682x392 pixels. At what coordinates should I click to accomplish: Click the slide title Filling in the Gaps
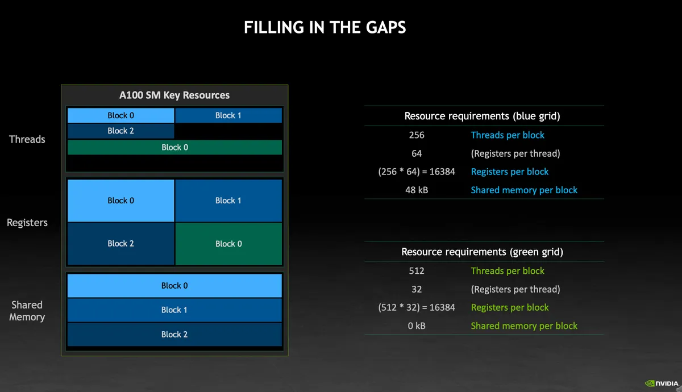click(x=325, y=27)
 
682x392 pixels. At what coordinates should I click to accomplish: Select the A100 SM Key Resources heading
click(x=174, y=95)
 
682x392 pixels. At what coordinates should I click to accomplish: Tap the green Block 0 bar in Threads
click(x=174, y=147)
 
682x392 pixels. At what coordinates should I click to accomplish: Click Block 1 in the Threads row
click(x=228, y=115)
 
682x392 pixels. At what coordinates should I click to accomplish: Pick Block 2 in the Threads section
click(x=120, y=131)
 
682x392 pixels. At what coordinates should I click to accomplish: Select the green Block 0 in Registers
click(x=228, y=244)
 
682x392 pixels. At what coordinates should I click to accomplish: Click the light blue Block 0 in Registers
click(x=120, y=201)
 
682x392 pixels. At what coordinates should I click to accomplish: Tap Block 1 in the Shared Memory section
click(x=174, y=310)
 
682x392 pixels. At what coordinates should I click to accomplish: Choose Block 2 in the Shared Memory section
click(x=174, y=335)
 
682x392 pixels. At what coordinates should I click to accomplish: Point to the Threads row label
click(x=27, y=139)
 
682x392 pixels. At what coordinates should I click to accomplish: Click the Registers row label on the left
click(x=27, y=223)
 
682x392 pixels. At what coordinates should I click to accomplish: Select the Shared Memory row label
click(x=27, y=311)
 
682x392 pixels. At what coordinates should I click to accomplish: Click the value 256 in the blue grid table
click(x=417, y=135)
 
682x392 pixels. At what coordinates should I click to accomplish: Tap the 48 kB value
click(x=417, y=190)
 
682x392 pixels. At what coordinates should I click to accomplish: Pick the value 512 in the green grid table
click(x=417, y=271)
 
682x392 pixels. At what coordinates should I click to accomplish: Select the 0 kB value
click(x=417, y=326)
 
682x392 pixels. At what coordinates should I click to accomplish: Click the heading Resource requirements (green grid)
click(x=482, y=252)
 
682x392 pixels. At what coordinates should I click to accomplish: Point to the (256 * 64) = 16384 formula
click(x=417, y=172)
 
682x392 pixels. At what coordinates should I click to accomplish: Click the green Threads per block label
click(x=508, y=271)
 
